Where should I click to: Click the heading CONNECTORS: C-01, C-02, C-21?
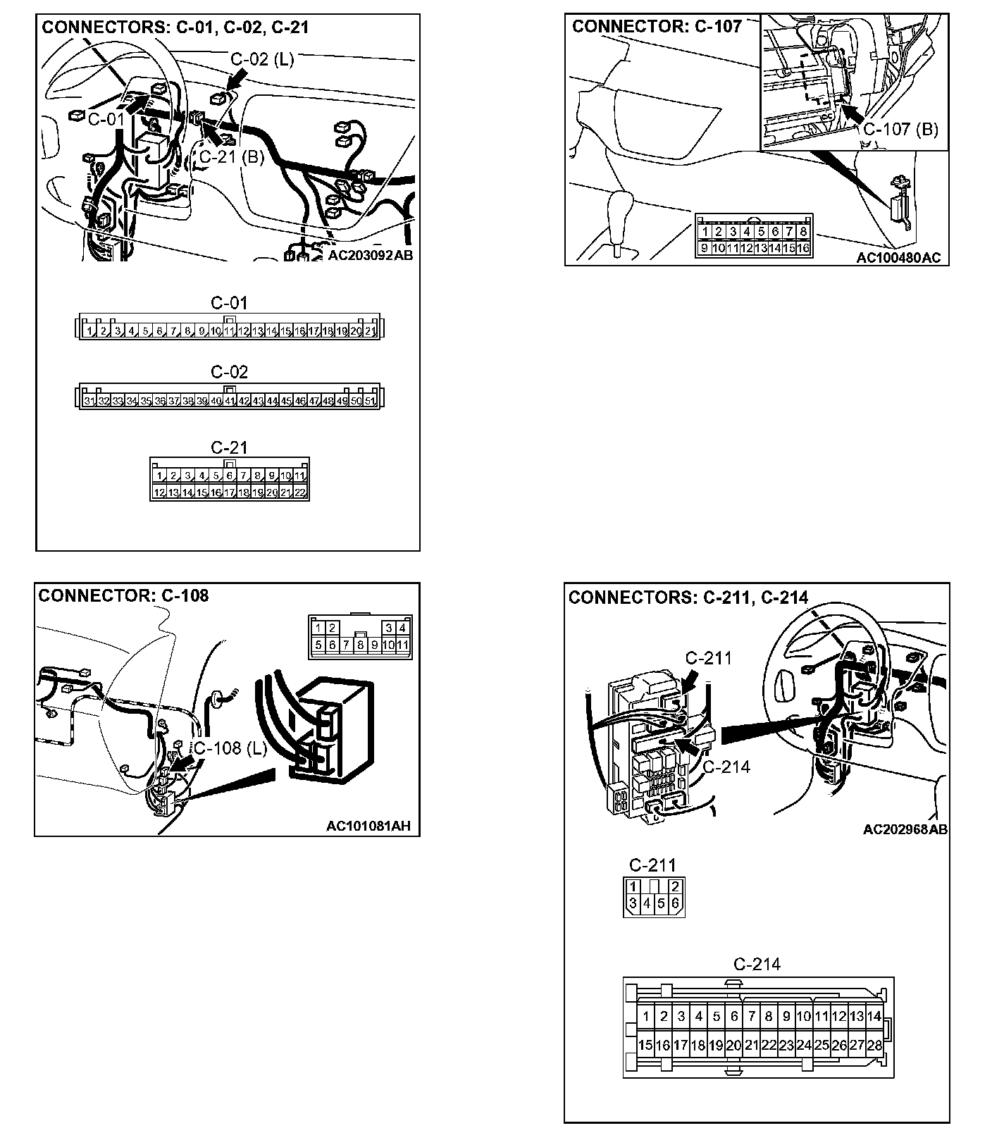pyautogui.click(x=175, y=27)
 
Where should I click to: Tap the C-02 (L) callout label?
pyautogui.click(x=262, y=59)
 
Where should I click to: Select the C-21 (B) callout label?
pyautogui.click(x=231, y=156)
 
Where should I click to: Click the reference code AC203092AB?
pyautogui.click(x=371, y=255)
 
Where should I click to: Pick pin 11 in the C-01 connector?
pyautogui.click(x=229, y=330)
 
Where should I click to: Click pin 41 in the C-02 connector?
pyautogui.click(x=230, y=401)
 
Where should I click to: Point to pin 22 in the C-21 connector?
pyautogui.click(x=300, y=492)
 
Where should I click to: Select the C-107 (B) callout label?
pyautogui.click(x=900, y=130)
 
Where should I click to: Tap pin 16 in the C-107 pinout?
pyautogui.click(x=803, y=248)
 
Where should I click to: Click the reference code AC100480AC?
pyautogui.click(x=898, y=258)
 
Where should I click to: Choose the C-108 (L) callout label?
pyautogui.click(x=230, y=748)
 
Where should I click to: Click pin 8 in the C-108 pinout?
pyautogui.click(x=360, y=644)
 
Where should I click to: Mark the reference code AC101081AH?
pyautogui.click(x=368, y=826)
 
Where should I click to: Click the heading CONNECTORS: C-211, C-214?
pyautogui.click(x=688, y=597)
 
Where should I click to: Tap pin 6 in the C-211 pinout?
pyautogui.click(x=675, y=903)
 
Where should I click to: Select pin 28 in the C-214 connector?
pyautogui.click(x=874, y=1046)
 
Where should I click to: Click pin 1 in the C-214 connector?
pyautogui.click(x=646, y=1016)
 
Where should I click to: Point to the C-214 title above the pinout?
pyautogui.click(x=757, y=964)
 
